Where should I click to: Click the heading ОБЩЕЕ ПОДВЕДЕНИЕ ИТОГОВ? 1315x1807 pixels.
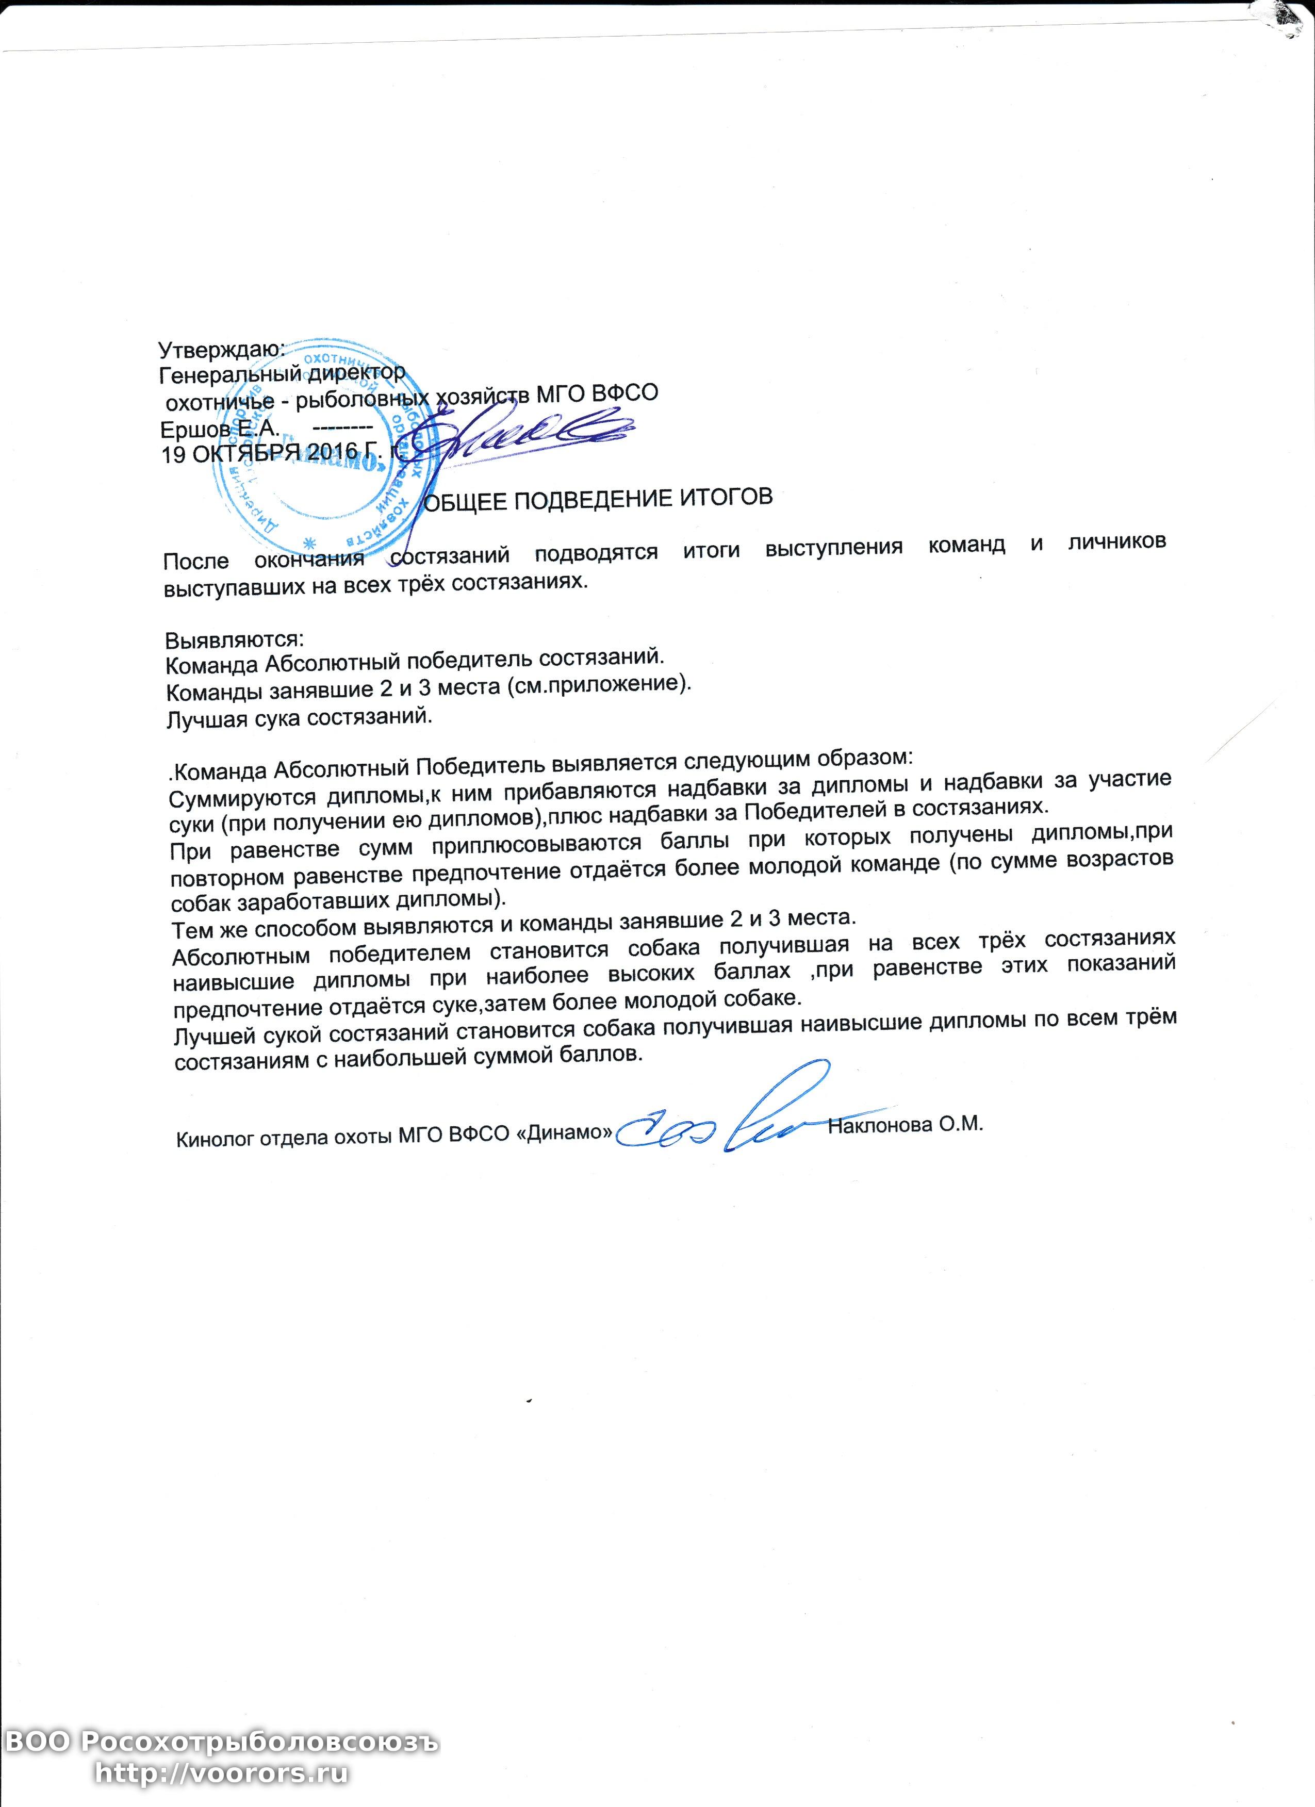point(597,500)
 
